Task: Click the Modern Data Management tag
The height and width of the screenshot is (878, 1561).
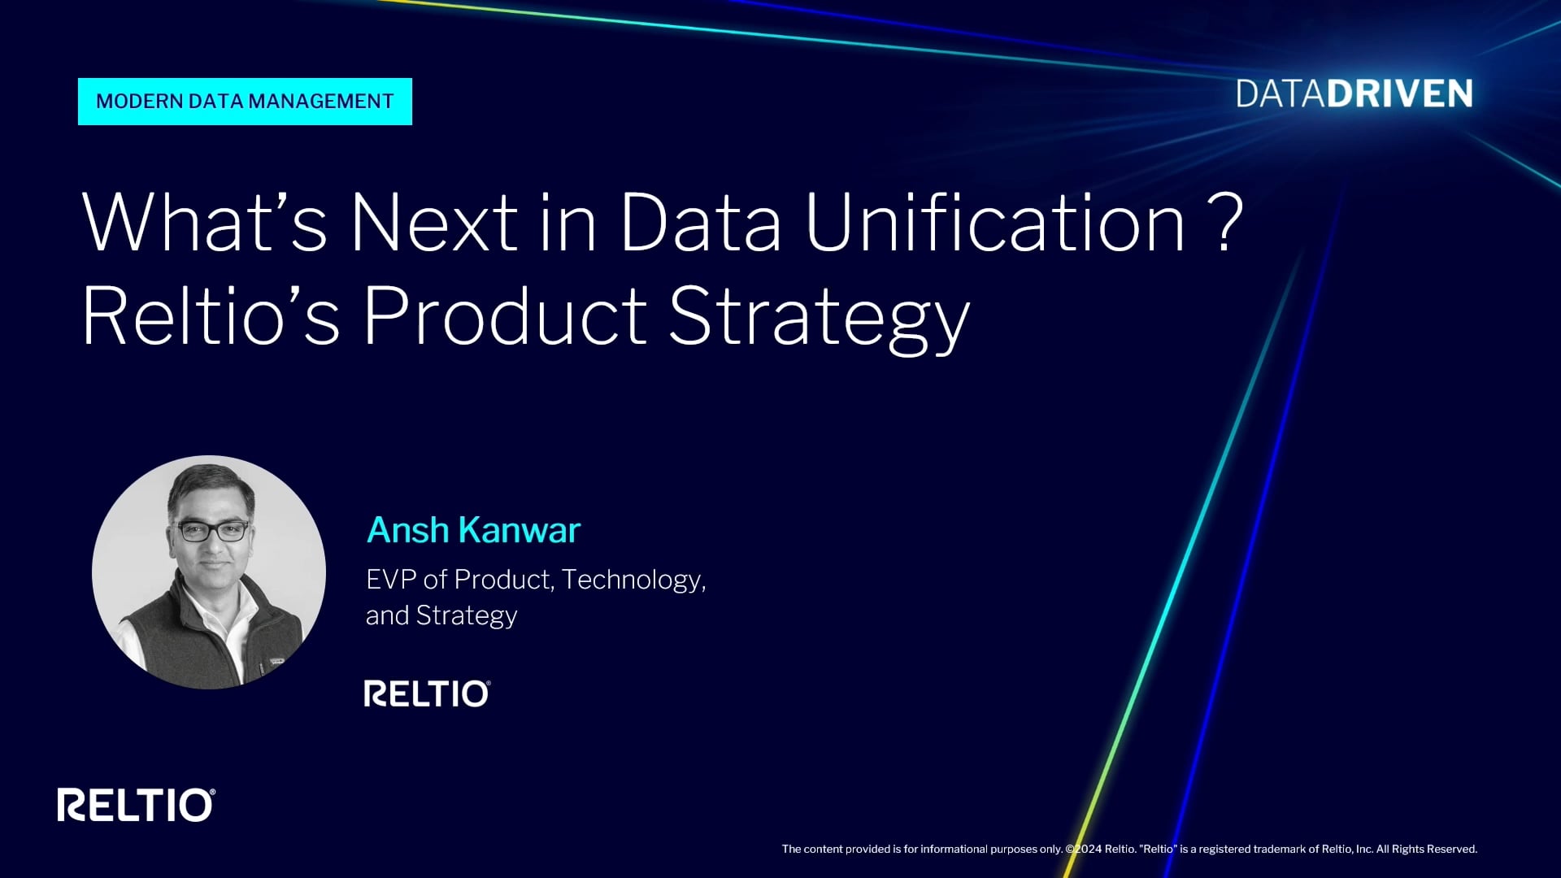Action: coord(245,102)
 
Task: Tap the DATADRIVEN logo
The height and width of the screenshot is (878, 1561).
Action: coord(1354,94)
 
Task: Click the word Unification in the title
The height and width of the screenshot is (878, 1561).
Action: coord(995,222)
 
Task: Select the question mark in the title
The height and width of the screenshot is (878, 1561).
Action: coord(1224,221)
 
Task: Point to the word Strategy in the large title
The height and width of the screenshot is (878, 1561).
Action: coord(820,319)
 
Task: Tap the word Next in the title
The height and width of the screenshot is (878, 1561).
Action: coord(434,222)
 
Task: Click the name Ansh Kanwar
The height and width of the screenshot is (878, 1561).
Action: coord(473,530)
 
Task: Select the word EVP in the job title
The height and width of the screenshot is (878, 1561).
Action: coord(391,579)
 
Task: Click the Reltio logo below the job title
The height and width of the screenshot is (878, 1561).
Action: coord(427,693)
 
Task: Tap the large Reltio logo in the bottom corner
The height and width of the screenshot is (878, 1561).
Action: coord(136,805)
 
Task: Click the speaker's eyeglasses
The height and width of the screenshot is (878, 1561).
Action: coord(212,531)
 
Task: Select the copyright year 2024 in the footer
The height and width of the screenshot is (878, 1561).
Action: coord(1088,849)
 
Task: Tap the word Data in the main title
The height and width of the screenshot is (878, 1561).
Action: coord(701,222)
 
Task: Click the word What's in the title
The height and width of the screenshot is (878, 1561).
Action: coord(204,222)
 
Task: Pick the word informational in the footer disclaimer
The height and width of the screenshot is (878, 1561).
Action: coord(953,849)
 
